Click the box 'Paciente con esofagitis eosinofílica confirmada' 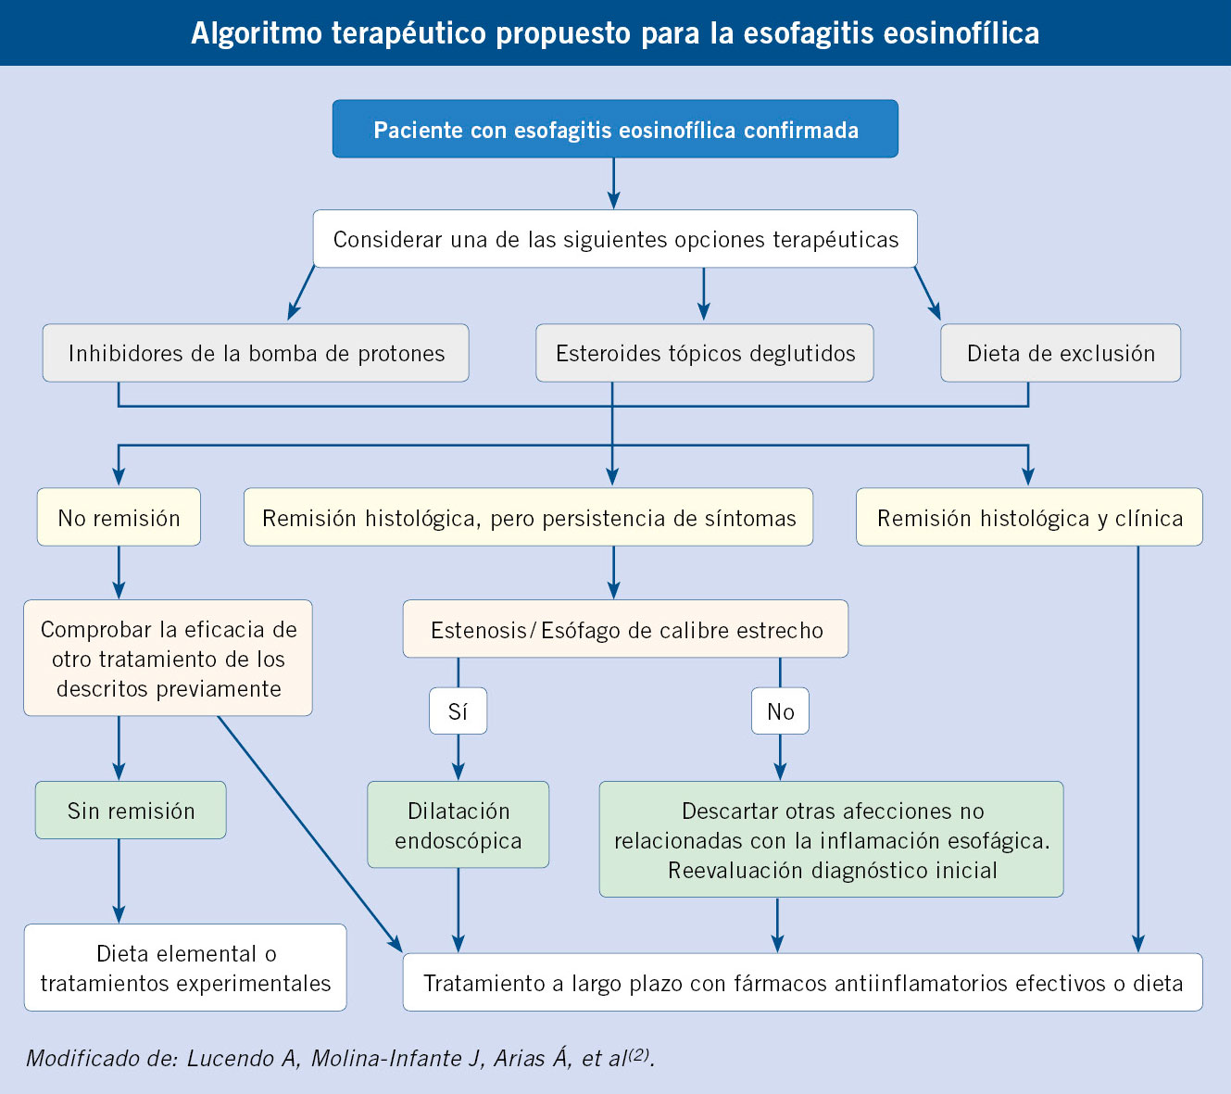[615, 129]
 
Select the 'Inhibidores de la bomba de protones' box [256, 353]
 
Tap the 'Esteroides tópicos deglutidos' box [705, 353]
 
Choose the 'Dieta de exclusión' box [1061, 353]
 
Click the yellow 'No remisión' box [119, 517]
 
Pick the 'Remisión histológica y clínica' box [1029, 517]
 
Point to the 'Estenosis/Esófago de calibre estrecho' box [626, 629]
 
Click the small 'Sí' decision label [458, 711]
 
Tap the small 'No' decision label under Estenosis [780, 711]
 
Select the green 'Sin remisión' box [131, 811]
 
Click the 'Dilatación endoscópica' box [458, 824]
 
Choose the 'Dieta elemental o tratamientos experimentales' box [185, 968]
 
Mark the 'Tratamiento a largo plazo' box [803, 982]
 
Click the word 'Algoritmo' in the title [257, 32]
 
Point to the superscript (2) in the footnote [638, 1053]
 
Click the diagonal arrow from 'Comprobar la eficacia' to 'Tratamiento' [310, 834]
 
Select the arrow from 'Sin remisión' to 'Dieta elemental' [119, 881]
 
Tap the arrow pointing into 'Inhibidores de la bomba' [301, 293]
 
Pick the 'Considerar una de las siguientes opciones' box [615, 239]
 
